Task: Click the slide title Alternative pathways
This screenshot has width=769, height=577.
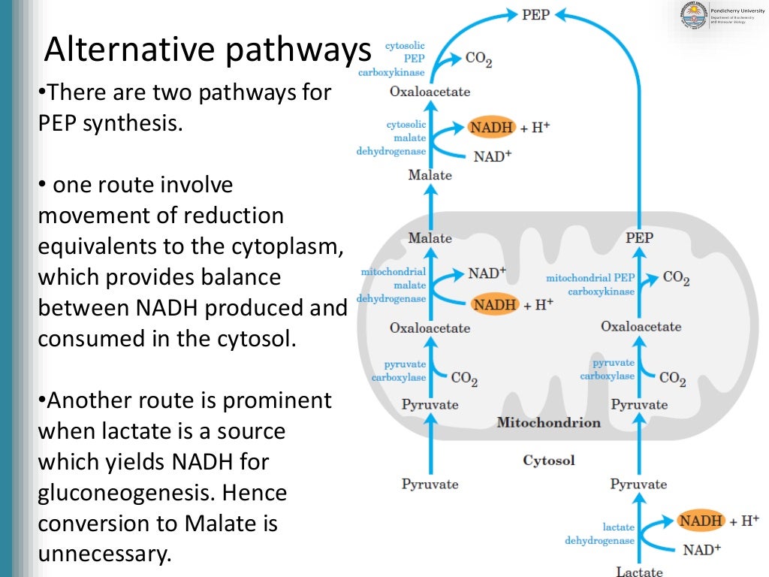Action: [x=207, y=50]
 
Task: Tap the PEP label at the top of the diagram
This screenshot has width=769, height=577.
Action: [x=535, y=14]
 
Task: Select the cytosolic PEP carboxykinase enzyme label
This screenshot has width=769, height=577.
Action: [x=405, y=59]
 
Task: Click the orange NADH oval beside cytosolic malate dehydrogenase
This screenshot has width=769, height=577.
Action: [x=491, y=127]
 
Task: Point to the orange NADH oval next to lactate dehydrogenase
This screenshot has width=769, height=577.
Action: [x=701, y=520]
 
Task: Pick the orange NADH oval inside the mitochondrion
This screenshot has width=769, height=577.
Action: [x=495, y=304]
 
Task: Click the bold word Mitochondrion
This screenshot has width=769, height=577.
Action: [x=548, y=422]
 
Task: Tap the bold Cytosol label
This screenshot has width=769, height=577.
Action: [x=548, y=460]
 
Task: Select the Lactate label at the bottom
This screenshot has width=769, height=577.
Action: [x=639, y=571]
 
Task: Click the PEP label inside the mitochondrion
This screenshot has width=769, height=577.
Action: [x=639, y=237]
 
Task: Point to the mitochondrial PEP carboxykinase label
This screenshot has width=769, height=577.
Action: [x=590, y=284]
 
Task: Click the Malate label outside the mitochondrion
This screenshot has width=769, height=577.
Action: [x=430, y=175]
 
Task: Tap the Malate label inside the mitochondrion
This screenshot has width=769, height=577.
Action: [x=430, y=237]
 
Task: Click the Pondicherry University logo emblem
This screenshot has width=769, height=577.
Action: [x=692, y=14]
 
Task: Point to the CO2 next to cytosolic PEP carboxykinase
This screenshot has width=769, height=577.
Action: [x=479, y=59]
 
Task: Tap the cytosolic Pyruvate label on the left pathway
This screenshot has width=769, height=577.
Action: [x=430, y=483]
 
